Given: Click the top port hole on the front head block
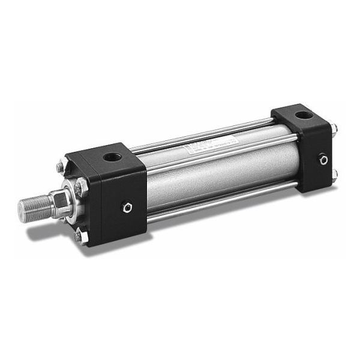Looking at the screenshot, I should (113, 158).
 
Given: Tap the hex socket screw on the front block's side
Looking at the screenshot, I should (127, 208).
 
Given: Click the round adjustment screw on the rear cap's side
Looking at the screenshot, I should (323, 160).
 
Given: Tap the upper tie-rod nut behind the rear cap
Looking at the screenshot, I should (334, 128).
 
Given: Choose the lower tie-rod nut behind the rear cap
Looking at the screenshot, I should (334, 175).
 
